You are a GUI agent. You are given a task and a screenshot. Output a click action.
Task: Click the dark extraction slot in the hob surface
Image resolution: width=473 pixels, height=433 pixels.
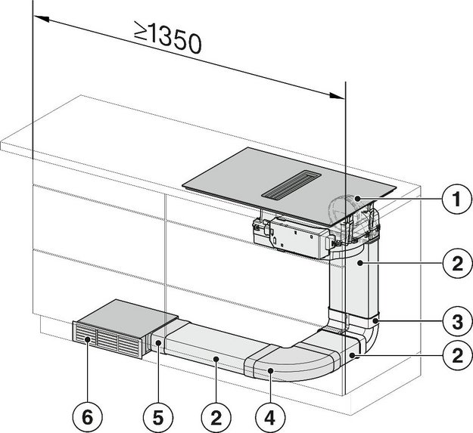[291, 184]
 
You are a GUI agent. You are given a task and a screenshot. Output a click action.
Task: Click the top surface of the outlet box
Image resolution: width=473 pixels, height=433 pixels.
[125, 311]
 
